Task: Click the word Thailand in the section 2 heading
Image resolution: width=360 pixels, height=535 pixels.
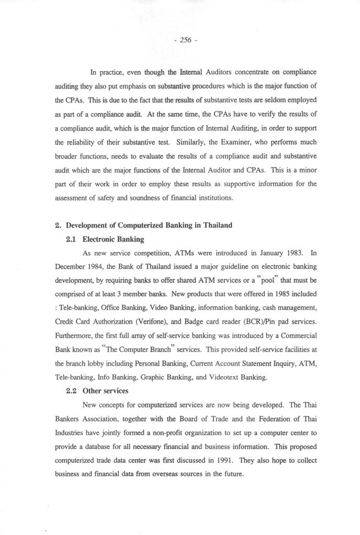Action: (213, 225)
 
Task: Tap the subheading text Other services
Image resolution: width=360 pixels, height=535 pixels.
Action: (109, 390)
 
